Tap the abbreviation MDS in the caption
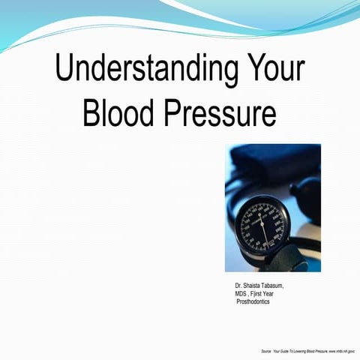click(x=241, y=293)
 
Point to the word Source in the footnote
click(x=266, y=350)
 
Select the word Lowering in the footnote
click(x=304, y=350)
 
